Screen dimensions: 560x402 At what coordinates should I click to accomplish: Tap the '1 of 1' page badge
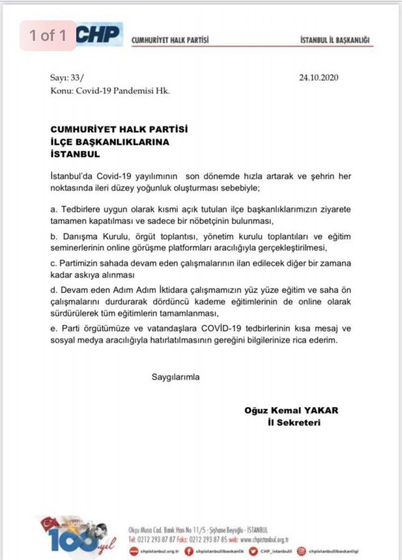coord(48,35)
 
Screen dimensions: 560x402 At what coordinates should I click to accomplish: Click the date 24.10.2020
coord(319,78)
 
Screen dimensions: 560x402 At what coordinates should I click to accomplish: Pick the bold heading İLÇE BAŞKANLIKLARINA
coord(110,142)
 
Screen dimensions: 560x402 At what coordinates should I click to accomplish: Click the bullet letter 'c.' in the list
coord(54,263)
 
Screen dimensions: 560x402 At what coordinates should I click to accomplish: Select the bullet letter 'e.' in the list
coord(54,329)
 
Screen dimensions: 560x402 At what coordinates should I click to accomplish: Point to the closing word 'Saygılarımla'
coord(175,377)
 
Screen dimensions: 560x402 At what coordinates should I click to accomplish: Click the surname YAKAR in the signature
coord(322,411)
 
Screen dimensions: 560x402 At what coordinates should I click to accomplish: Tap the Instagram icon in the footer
coord(301,551)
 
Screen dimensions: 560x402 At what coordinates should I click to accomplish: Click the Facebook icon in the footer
coord(189,551)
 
